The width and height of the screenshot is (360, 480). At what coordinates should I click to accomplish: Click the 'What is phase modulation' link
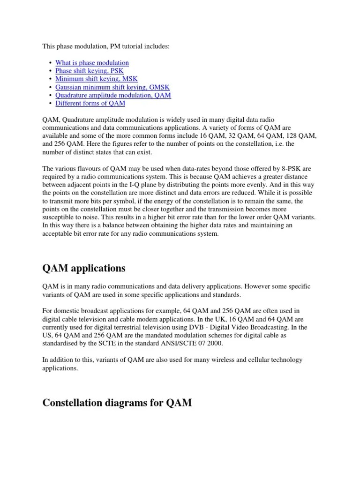pyautogui.click(x=92, y=63)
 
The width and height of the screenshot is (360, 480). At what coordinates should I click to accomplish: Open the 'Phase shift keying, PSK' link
pyautogui.click(x=89, y=71)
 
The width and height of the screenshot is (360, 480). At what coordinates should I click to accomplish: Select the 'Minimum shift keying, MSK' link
pyautogui.click(x=96, y=79)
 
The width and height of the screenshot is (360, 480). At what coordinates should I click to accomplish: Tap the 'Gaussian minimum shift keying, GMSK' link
pyautogui.click(x=112, y=87)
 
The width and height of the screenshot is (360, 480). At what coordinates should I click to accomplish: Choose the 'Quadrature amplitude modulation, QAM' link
pyautogui.click(x=113, y=95)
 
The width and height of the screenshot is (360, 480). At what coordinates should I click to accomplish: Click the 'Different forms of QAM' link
pyautogui.click(x=90, y=103)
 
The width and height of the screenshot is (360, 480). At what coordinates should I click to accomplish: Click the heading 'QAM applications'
pyautogui.click(x=84, y=268)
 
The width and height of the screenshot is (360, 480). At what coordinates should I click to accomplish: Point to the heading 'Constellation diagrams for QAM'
pyautogui.click(x=117, y=403)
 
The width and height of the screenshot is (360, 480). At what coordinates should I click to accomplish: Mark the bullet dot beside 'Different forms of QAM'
pyautogui.click(x=50, y=104)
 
